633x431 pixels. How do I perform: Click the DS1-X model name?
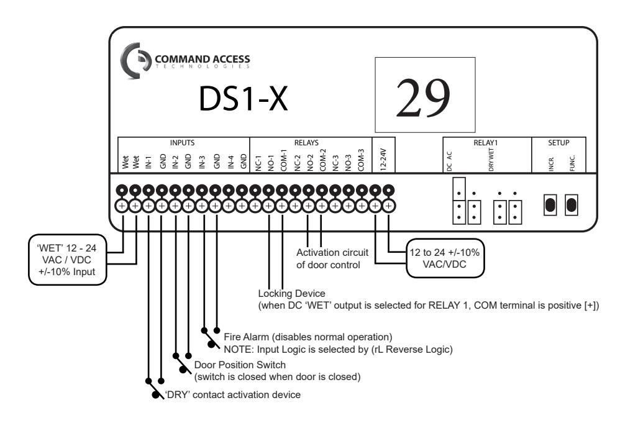pos(243,99)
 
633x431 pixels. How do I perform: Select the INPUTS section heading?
pos(182,143)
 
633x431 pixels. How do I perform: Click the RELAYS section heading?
pos(306,143)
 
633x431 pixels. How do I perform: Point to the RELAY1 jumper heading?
pos(486,143)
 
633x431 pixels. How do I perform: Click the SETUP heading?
pos(558,143)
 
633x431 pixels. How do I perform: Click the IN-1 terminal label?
pos(148,162)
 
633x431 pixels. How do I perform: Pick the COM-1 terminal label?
pos(283,160)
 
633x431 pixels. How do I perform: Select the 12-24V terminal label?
pos(383,160)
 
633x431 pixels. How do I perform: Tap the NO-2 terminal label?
pos(310,163)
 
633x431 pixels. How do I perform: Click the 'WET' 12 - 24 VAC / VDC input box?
pos(68,260)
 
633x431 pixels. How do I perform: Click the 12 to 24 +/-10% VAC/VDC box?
pos(445,258)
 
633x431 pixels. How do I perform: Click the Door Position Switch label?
pos(240,365)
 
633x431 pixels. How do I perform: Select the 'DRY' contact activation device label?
pos(232,395)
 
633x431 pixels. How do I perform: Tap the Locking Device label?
pos(291,293)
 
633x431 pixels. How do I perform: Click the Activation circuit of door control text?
pos(332,259)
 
